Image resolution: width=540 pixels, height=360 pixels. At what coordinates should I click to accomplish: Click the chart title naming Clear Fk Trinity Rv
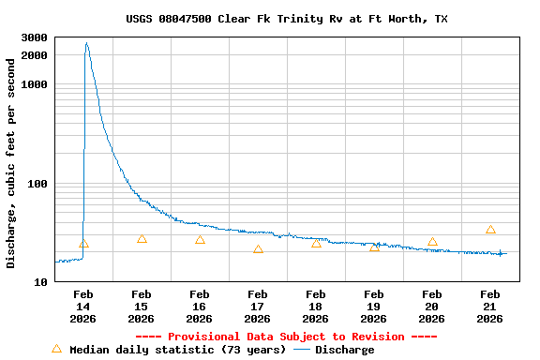287,19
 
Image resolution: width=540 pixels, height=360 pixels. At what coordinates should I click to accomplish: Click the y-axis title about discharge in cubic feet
11,163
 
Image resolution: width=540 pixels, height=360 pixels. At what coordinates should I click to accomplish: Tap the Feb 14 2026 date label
83,306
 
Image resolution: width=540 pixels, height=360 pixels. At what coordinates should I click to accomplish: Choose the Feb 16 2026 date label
200,306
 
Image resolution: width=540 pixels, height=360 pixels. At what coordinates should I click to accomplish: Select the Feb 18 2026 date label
316,306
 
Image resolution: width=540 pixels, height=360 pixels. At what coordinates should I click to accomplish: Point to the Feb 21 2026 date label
490,306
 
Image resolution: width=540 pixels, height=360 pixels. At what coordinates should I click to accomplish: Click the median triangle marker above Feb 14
83,244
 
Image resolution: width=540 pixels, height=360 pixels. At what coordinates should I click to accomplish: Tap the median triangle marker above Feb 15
142,239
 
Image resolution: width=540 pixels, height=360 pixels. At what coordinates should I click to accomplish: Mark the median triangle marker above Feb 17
258,249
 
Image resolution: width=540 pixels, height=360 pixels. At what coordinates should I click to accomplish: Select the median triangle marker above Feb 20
432,242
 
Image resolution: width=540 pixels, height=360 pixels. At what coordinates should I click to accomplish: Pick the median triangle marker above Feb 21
490,230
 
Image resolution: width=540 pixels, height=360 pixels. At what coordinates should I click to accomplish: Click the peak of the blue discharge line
86,43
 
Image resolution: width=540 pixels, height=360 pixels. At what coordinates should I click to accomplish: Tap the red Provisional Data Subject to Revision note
286,337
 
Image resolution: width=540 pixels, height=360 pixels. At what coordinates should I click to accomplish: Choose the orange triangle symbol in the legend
56,349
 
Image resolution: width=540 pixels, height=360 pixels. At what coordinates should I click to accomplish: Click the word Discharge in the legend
344,350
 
